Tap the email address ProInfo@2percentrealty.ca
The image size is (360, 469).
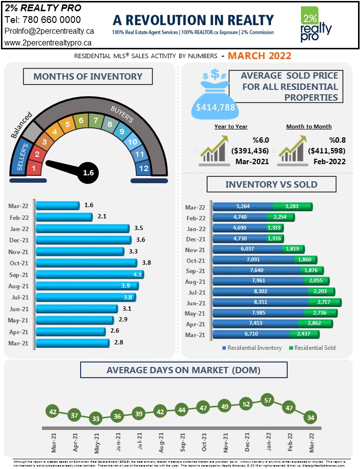pyautogui.click(x=49, y=31)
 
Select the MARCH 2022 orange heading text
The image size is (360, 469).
pyautogui.click(x=259, y=56)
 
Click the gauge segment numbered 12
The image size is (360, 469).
pyautogui.click(x=144, y=169)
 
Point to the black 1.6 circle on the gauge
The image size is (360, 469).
pyautogui.click(x=88, y=172)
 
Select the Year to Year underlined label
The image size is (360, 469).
pyautogui.click(x=231, y=127)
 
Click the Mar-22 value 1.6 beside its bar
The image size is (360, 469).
pyautogui.click(x=88, y=206)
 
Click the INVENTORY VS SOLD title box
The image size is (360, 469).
pyautogui.click(x=271, y=184)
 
